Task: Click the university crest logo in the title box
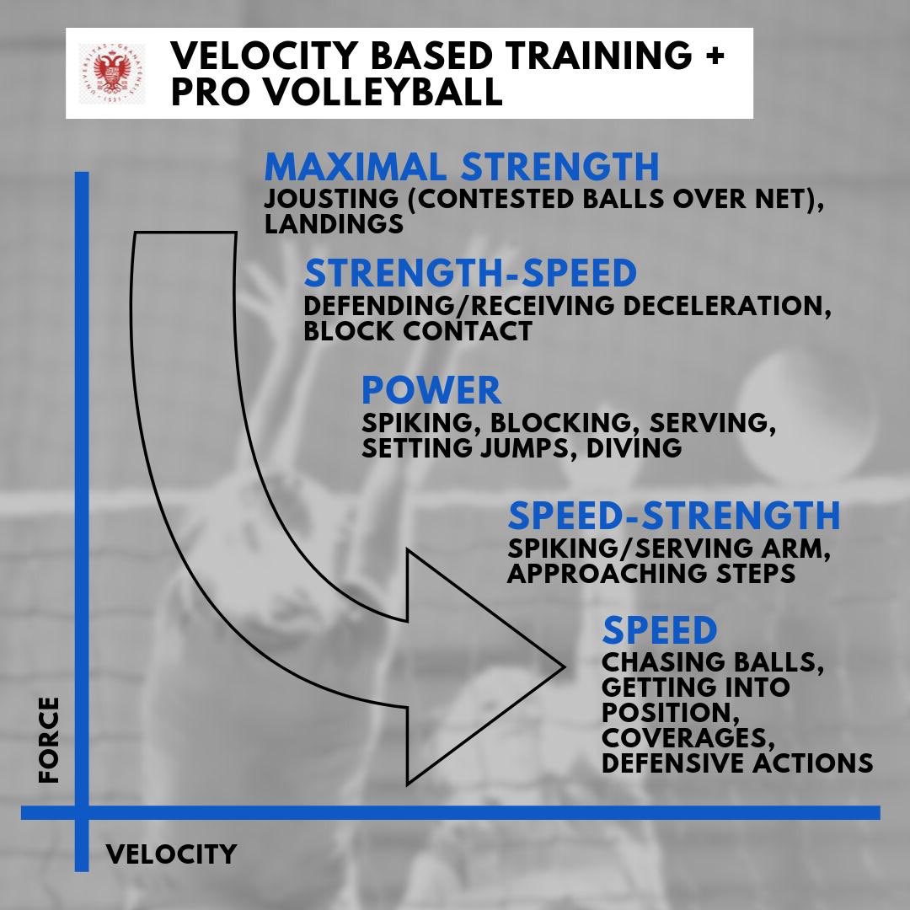110,74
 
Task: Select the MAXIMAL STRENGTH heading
461,166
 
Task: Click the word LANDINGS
333,224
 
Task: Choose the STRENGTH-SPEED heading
470,274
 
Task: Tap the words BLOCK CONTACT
418,330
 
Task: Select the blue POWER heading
431,391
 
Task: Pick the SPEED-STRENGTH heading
674,515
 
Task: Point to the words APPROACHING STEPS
651,573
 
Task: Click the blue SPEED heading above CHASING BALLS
660,630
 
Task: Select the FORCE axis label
49,739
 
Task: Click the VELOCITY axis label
171,854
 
